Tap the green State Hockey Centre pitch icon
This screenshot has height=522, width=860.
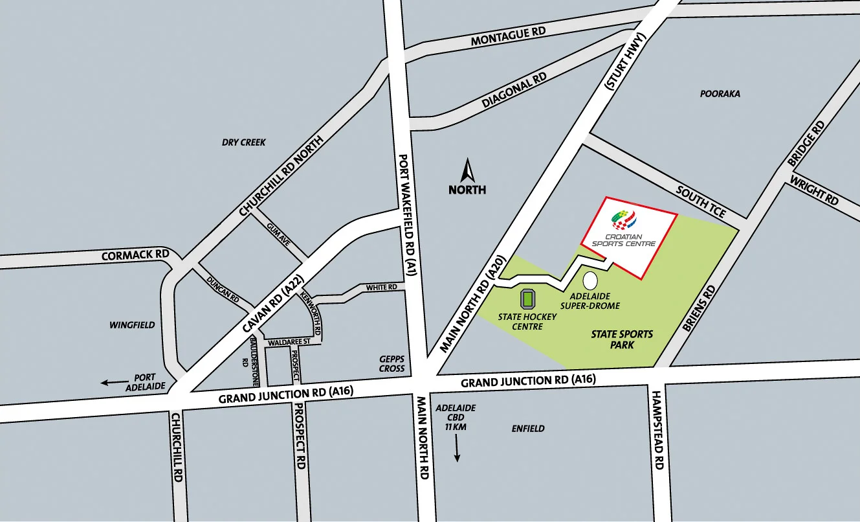click(x=528, y=299)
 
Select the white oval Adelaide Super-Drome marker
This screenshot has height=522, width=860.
click(x=590, y=281)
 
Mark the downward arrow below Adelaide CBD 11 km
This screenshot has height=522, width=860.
click(x=457, y=448)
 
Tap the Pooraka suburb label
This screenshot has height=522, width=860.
click(x=720, y=94)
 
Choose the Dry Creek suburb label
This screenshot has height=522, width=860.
click(x=244, y=142)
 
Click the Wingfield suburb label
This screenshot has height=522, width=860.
click(x=132, y=324)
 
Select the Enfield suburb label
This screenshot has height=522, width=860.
click(x=528, y=429)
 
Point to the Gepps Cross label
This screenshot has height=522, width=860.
click(x=391, y=364)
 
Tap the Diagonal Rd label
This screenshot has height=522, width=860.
click(x=514, y=91)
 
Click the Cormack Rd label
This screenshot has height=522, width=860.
click(x=135, y=255)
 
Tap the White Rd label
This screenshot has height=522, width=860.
click(x=381, y=287)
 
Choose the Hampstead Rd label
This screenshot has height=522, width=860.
click(x=658, y=430)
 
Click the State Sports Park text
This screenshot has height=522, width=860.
click(x=622, y=339)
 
